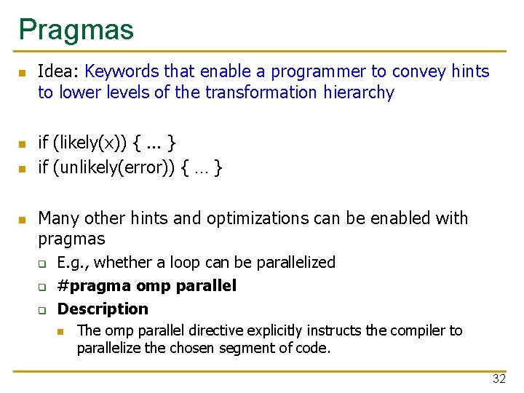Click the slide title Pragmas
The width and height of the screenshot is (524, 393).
coord(76,29)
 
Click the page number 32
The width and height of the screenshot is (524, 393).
coord(499,378)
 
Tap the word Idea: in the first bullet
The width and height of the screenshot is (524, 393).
coord(59,71)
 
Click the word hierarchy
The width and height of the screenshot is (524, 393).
coord(359,92)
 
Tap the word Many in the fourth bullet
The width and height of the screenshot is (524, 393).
coord(58,218)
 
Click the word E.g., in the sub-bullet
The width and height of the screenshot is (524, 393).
coord(74,262)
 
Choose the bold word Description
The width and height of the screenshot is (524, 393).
coord(103,309)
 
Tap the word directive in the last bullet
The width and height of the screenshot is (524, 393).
coord(194,330)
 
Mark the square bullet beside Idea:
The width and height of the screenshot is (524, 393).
coord(22,73)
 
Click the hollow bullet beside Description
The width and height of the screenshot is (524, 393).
coord(42,310)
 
